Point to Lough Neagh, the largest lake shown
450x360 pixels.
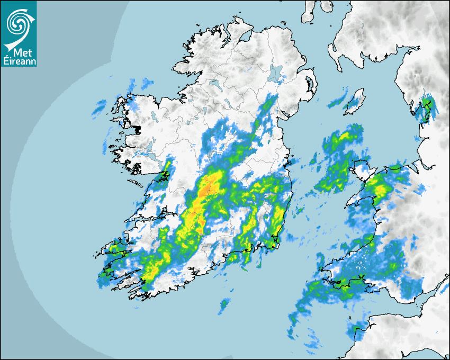point(276,73)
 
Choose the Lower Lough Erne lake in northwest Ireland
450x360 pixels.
point(213,83)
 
